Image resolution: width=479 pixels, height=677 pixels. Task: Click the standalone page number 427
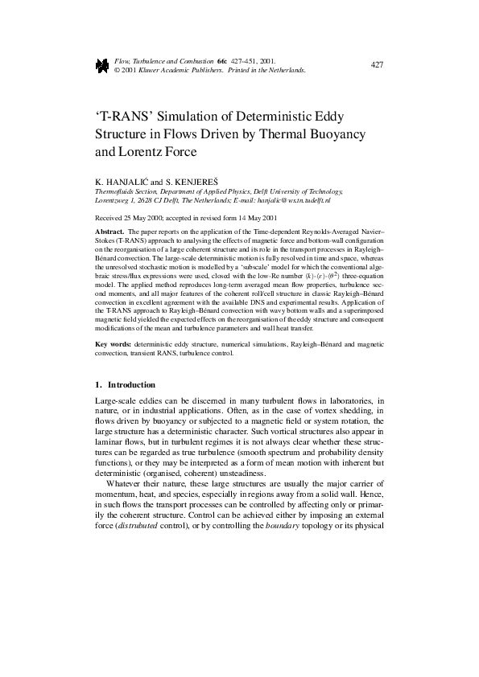[x=377, y=64]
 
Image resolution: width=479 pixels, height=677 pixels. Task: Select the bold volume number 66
[x=220, y=61]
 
